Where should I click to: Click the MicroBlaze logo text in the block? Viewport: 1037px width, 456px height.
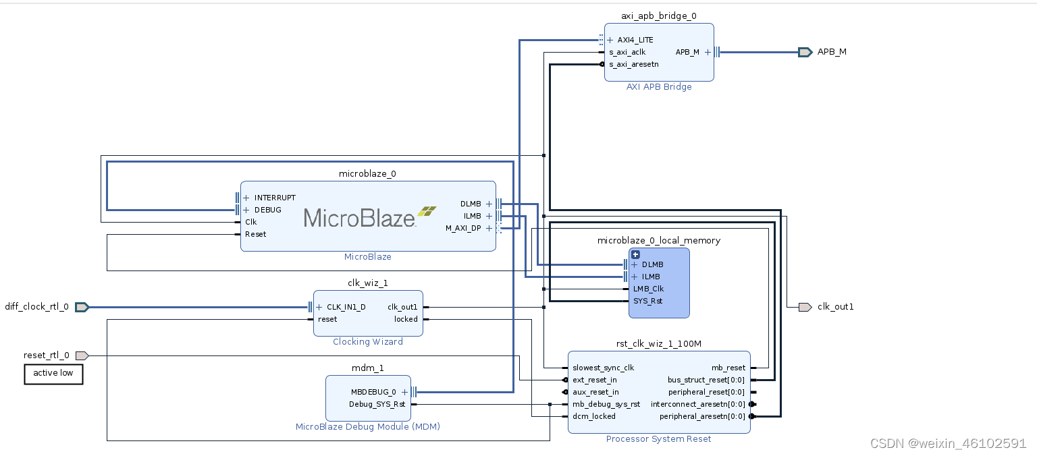(x=359, y=217)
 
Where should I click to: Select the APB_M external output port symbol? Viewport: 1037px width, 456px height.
(x=804, y=52)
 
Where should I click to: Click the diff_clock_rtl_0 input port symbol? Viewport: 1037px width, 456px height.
(x=82, y=307)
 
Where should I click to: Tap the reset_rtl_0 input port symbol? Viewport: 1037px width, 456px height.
(x=82, y=355)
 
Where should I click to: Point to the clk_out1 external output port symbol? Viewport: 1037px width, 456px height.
(x=805, y=307)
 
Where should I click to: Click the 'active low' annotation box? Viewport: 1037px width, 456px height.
(x=53, y=374)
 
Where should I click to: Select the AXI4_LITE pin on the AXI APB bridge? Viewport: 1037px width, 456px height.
(x=635, y=40)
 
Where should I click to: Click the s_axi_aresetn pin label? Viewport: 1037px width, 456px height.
(x=633, y=64)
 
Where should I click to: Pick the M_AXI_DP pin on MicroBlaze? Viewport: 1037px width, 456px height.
(x=463, y=228)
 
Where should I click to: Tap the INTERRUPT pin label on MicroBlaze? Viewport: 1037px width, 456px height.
(x=275, y=198)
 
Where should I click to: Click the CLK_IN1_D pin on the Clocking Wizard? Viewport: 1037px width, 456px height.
(x=346, y=307)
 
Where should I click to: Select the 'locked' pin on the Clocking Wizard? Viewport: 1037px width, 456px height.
(x=406, y=319)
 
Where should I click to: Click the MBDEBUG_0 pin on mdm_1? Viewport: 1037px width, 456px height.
(x=373, y=392)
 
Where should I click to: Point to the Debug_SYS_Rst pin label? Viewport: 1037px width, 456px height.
(x=377, y=404)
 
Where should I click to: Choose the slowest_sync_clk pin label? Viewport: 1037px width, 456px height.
(x=603, y=368)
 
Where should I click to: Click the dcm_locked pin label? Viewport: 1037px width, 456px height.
(x=594, y=416)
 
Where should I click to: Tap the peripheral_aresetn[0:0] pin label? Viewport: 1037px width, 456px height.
(x=702, y=416)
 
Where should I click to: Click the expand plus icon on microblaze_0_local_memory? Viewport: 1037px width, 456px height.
(x=635, y=254)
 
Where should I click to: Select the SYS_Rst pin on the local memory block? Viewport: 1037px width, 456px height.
(x=647, y=301)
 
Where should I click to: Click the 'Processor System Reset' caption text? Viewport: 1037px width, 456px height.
(x=658, y=439)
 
